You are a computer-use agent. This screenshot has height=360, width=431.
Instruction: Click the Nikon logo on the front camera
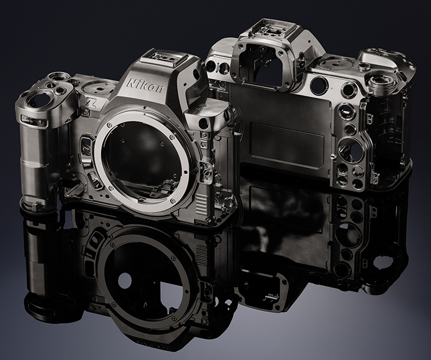145,86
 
